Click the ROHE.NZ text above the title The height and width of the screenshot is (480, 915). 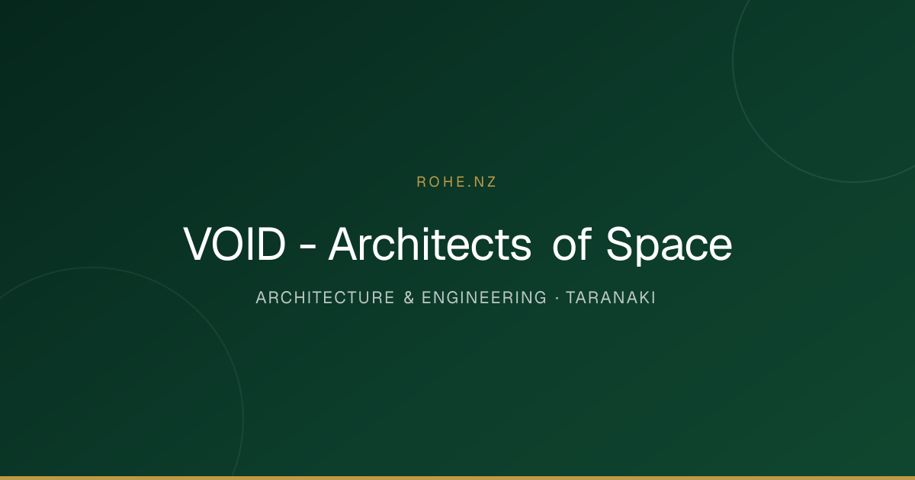click(456, 182)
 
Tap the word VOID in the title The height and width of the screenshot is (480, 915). click(234, 244)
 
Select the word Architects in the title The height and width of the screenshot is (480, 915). click(430, 244)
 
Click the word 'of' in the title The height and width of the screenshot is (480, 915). click(572, 244)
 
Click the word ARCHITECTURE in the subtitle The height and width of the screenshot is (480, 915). click(325, 298)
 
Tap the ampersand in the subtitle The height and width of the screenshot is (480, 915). click(409, 298)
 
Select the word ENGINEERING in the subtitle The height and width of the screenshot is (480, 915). click(484, 298)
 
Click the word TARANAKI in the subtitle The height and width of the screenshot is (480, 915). click(611, 298)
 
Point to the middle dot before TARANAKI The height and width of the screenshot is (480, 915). click(557, 298)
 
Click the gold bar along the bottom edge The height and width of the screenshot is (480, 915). click(457, 478)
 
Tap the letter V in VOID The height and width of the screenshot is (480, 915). click(198, 244)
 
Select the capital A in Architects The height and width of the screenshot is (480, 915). click(345, 244)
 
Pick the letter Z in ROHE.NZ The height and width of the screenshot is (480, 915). click(491, 182)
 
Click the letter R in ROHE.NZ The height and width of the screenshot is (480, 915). click(421, 182)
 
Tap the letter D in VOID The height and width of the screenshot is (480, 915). click(271, 244)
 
